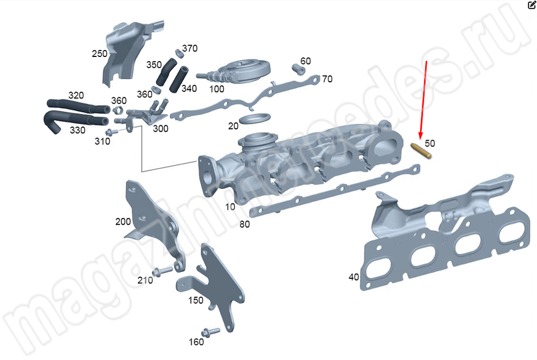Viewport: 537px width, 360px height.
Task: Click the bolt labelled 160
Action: [x=210, y=331]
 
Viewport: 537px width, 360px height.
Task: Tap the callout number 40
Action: [x=353, y=277]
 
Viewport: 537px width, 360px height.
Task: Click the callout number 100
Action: [x=217, y=89]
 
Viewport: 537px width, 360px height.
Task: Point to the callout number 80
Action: [x=244, y=224]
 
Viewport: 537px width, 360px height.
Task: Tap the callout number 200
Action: [x=122, y=221]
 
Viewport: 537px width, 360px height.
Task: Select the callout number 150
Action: [x=195, y=300]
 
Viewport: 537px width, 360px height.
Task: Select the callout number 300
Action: [x=160, y=128]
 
